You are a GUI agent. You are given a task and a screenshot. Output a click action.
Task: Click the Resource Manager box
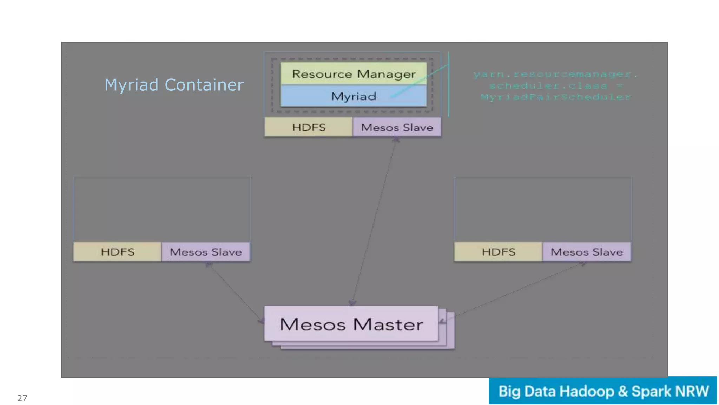(353, 73)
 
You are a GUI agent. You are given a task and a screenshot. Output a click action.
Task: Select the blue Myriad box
(353, 96)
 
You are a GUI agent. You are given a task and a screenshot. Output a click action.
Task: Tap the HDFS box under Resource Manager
(309, 127)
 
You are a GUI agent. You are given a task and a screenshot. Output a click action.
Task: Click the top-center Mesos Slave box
(397, 127)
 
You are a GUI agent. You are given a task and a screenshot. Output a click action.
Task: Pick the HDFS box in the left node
(117, 252)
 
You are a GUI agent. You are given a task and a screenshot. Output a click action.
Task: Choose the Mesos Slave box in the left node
(206, 252)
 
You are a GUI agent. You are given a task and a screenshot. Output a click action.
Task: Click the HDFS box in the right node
(498, 252)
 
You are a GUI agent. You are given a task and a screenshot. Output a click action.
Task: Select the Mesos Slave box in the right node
(587, 252)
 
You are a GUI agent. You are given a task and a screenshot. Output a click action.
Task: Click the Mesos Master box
(351, 324)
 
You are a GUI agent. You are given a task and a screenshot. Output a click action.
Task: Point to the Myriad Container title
(174, 85)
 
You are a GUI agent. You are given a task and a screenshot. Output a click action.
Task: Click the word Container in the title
(204, 85)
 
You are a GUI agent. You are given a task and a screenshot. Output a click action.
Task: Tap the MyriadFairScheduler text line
(556, 97)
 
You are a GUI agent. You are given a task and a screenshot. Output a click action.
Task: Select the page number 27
(22, 398)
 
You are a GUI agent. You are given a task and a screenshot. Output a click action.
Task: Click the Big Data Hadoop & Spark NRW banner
(603, 391)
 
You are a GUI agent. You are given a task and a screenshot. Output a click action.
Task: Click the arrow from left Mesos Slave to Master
(234, 292)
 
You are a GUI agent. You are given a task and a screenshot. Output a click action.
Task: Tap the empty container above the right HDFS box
(543, 209)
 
